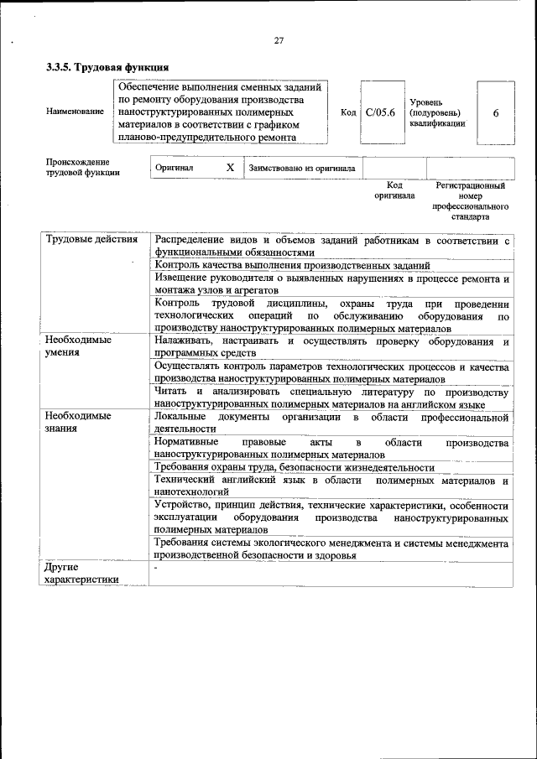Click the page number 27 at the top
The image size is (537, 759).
point(279,39)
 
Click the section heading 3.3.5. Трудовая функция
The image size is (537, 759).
point(107,67)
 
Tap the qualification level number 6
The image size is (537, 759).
point(496,113)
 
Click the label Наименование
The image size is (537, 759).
point(76,112)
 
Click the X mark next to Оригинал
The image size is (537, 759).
point(230,168)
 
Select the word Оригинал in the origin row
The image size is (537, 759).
point(175,169)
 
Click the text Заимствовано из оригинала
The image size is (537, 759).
point(302,169)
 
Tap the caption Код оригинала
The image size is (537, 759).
point(394,190)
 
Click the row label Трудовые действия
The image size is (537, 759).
point(91,240)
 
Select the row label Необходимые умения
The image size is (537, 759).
point(78,346)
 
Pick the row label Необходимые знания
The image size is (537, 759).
point(78,422)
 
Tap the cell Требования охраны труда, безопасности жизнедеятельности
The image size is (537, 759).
point(295,467)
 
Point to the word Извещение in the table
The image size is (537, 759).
point(183,278)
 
